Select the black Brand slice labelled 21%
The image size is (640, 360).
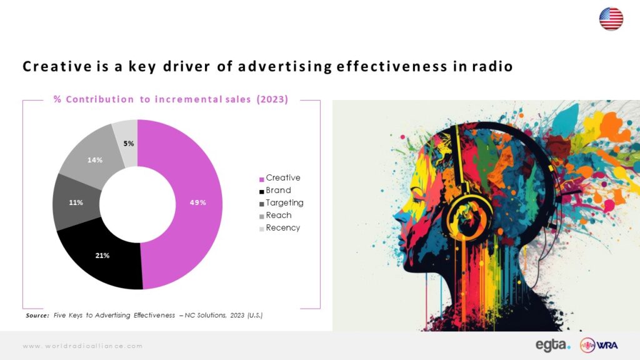[x=102, y=256]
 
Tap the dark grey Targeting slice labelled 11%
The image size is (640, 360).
[x=76, y=202]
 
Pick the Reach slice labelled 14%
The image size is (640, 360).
[x=94, y=159]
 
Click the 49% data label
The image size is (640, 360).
[x=198, y=202]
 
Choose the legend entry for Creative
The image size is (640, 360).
[x=280, y=178]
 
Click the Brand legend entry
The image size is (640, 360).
[x=276, y=191]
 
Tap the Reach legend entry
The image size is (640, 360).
[x=276, y=216]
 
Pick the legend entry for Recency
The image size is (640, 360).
[x=280, y=228]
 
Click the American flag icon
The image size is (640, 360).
[x=611, y=19]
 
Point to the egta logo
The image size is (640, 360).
[x=552, y=345]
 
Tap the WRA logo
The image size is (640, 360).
[x=599, y=345]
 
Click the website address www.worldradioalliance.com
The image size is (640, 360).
[x=82, y=346]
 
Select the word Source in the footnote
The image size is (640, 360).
[x=37, y=316]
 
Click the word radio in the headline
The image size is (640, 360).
[x=492, y=66]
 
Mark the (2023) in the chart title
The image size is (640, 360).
[x=272, y=99]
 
